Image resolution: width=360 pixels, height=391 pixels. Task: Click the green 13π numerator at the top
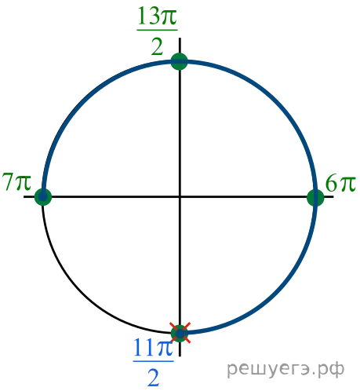[x=157, y=16]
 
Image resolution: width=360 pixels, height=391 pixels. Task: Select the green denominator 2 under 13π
[x=158, y=47]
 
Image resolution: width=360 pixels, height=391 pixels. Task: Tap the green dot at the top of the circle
[x=180, y=61]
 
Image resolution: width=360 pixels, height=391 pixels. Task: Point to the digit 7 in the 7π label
[x=8, y=181]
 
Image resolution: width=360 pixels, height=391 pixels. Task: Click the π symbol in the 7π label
[x=24, y=182]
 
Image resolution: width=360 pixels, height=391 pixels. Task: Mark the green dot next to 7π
[x=43, y=196]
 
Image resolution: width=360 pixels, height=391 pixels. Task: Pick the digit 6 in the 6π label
[x=332, y=183]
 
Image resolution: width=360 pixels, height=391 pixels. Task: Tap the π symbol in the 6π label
[x=347, y=184]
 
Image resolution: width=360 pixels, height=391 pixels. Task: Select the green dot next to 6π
[x=315, y=198]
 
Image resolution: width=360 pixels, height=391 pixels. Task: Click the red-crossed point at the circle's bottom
[x=180, y=333]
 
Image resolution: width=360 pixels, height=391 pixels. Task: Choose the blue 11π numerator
[x=154, y=348]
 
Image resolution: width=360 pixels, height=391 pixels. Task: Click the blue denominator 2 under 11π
[x=154, y=378]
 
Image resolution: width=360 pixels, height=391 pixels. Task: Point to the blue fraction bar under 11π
[x=154, y=361]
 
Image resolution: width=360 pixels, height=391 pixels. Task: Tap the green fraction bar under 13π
[x=157, y=30]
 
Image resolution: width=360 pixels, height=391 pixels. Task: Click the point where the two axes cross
[x=180, y=196]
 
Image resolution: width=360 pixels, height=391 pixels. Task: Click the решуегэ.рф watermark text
[x=285, y=369]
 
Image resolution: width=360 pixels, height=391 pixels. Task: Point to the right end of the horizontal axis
[x=333, y=196]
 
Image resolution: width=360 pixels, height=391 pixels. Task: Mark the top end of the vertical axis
[x=180, y=38]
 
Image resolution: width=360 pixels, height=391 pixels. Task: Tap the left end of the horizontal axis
[x=24, y=196]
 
